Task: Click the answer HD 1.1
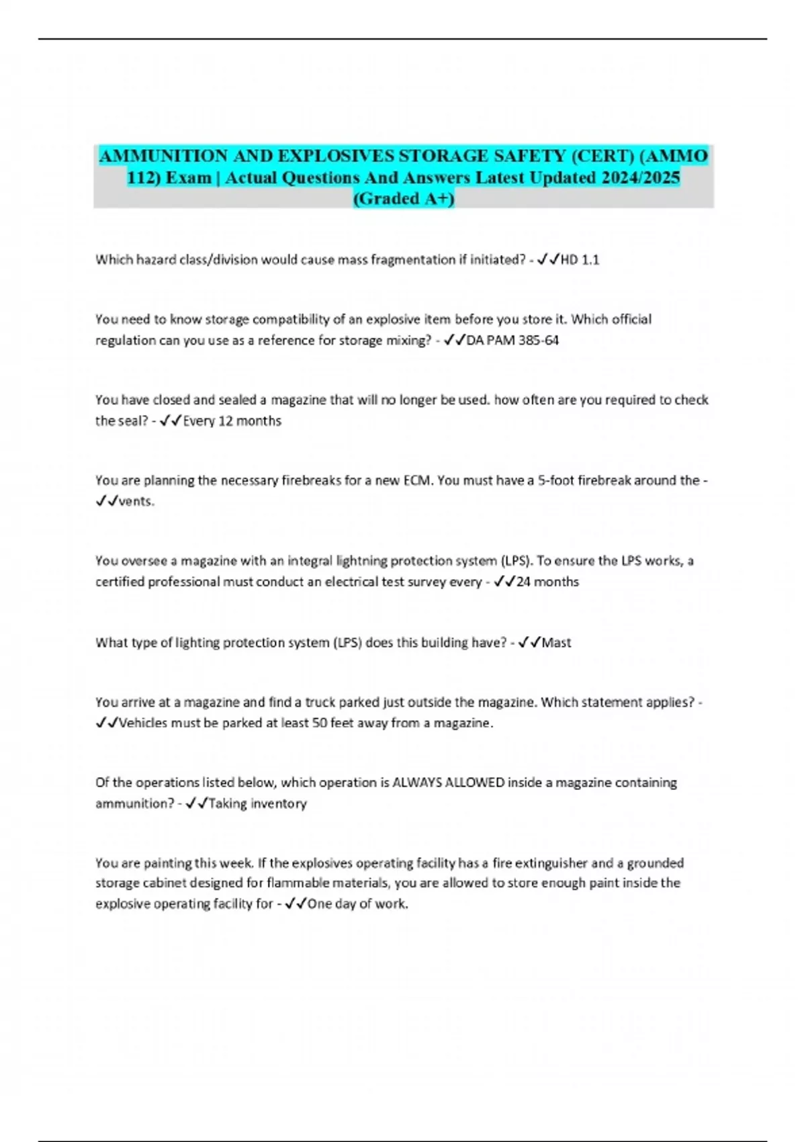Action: coord(580,260)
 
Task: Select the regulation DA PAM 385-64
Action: coord(512,341)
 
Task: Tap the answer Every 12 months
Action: coord(232,421)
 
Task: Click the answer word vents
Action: coord(136,501)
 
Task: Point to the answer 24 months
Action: coord(547,582)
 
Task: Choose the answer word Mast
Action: coord(556,643)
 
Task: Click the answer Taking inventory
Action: coord(257,803)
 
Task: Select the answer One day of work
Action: coord(357,904)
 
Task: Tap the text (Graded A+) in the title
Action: coord(404,199)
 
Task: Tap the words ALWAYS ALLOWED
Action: coord(448,783)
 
